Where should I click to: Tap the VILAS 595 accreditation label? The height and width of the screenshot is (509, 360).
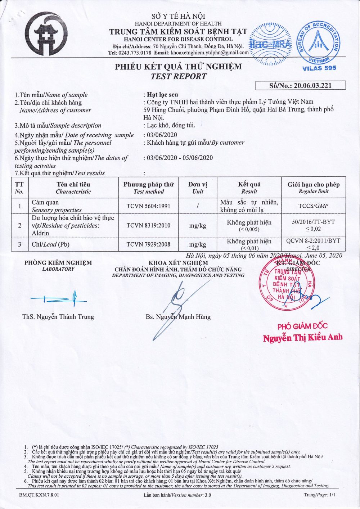click(319, 68)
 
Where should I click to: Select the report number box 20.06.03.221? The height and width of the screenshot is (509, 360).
click(300, 86)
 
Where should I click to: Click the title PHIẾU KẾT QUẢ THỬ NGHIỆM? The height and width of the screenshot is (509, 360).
click(179, 67)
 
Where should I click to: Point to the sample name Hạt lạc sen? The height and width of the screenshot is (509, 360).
click(162, 95)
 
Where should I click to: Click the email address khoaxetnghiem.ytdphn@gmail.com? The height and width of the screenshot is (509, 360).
click(210, 53)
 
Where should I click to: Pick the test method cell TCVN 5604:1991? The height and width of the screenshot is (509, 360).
click(148, 206)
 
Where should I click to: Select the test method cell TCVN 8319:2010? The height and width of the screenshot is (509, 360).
click(148, 225)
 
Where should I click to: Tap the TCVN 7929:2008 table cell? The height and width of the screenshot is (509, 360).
click(148, 244)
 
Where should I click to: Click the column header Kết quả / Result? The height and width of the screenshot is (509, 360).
click(249, 188)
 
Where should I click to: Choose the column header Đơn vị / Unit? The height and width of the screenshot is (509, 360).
click(198, 188)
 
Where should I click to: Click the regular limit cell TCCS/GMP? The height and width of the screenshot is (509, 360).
click(313, 206)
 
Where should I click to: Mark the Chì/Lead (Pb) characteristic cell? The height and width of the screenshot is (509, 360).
click(50, 244)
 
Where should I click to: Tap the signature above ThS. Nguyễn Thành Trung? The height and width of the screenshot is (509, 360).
click(59, 298)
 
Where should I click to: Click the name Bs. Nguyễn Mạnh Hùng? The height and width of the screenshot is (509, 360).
click(178, 317)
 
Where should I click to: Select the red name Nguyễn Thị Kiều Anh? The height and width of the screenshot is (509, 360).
click(302, 338)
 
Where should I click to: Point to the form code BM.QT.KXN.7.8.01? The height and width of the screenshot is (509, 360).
click(39, 495)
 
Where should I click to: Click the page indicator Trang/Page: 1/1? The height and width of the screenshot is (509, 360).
click(319, 495)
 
